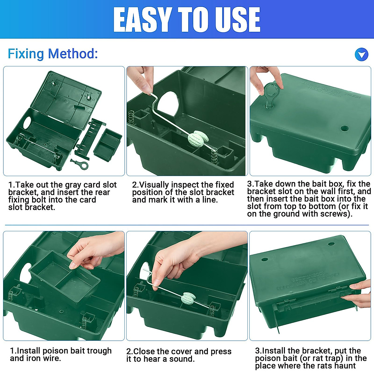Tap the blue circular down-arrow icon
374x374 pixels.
pyautogui.click(x=362, y=55)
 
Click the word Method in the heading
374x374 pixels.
pyautogui.click(x=73, y=54)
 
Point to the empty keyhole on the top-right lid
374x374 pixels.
pyautogui.click(x=344, y=128)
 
